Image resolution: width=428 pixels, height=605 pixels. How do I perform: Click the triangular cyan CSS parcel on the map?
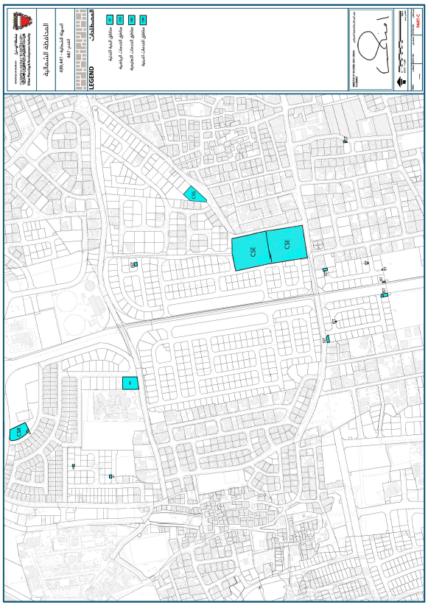(x=194, y=194)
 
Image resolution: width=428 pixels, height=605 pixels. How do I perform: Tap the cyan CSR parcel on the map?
(x=16, y=431)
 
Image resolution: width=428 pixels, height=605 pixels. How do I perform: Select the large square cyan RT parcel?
(x=130, y=383)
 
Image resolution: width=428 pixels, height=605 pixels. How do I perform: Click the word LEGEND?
(x=92, y=76)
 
